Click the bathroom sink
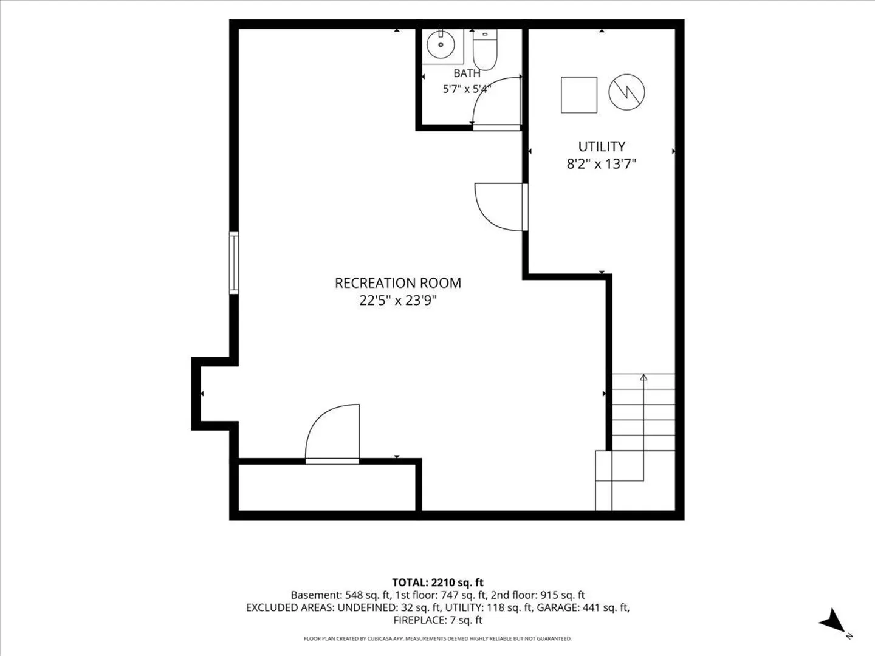tap(441, 44)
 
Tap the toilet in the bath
tap(485, 49)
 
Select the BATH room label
tap(467, 73)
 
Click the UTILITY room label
tap(602, 146)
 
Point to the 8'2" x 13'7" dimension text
tap(602, 164)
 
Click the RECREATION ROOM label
tap(398, 283)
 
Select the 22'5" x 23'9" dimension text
tap(398, 300)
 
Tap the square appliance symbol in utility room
tap(579, 95)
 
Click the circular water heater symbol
tap(626, 92)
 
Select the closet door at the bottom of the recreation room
tap(332, 434)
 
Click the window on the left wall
tap(234, 263)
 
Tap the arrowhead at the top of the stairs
tap(643, 377)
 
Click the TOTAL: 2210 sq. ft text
tap(437, 583)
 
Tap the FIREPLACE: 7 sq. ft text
tap(437, 620)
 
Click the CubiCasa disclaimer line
tap(437, 639)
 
